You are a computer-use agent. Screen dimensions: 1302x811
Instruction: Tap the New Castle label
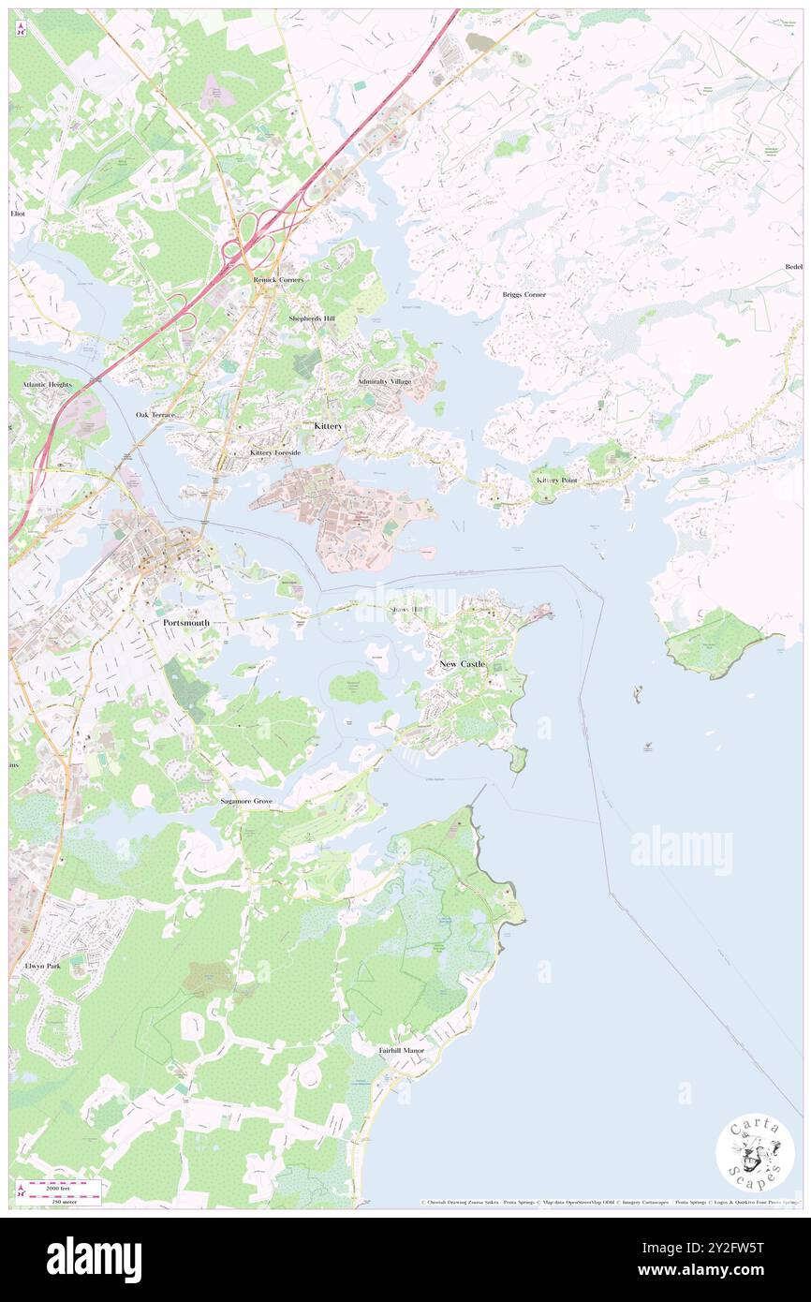tap(463, 663)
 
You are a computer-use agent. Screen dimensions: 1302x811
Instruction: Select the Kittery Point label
tap(556, 480)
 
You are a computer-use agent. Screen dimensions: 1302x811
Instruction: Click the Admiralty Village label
tap(384, 382)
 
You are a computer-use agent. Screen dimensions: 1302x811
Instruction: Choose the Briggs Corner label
tap(523, 294)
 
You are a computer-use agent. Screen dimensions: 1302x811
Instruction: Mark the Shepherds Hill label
tap(311, 318)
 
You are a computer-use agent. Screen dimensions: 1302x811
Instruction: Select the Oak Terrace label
tap(155, 414)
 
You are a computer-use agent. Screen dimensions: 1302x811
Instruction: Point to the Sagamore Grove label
tap(245, 802)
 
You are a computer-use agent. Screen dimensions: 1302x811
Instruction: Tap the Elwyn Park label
tap(42, 965)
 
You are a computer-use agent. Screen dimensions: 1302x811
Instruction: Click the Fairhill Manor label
tap(401, 1051)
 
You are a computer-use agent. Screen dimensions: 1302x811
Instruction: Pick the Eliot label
tap(18, 214)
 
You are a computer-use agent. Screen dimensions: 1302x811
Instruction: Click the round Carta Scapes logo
tap(755, 1153)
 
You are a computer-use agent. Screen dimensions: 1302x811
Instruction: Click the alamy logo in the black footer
tap(94, 1258)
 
